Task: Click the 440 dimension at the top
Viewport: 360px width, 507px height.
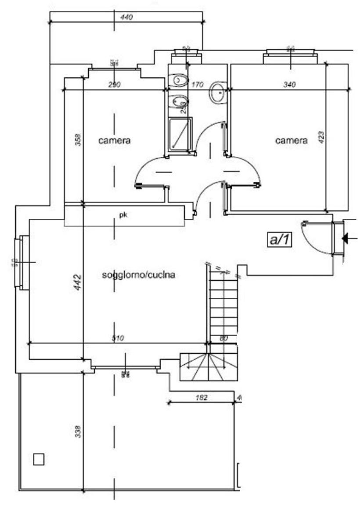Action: pos(126,18)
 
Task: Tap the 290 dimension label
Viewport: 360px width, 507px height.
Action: pos(115,84)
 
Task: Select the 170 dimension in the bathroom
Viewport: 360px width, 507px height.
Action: pos(198,84)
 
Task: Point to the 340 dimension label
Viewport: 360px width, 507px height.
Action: pos(289,84)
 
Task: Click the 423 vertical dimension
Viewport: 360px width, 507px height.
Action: pos(321,139)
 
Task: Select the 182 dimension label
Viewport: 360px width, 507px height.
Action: pos(201,398)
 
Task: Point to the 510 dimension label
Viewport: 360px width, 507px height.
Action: pos(118,338)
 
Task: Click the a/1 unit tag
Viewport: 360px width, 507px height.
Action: pos(279,239)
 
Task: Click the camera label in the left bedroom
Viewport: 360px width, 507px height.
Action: pos(115,141)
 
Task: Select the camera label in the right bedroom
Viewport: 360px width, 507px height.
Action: pos(292,141)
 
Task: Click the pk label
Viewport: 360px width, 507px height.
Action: pos(123,215)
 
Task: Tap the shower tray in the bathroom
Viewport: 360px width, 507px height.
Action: pos(180,133)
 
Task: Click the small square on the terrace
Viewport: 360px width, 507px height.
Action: pos(39,459)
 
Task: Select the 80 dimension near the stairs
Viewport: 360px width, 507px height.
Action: pos(224,338)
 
